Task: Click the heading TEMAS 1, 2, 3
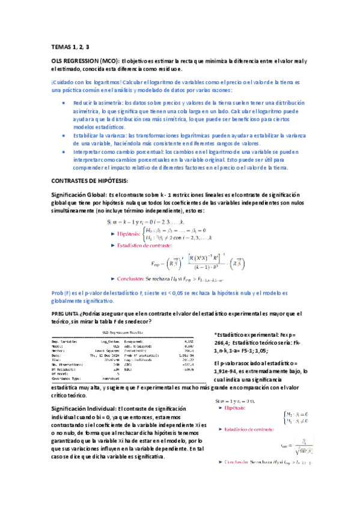pyautogui.click(x=70, y=46)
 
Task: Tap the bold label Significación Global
pyautogui.click(x=79, y=195)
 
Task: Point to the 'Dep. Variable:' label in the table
pyautogui.click(x=67, y=340)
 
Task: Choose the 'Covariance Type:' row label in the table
pyautogui.click(x=69, y=378)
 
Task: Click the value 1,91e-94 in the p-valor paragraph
pyautogui.click(x=227, y=372)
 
